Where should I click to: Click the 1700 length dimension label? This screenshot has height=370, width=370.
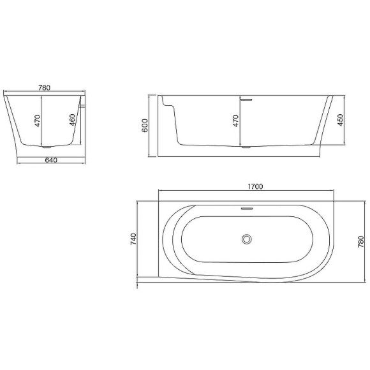[255, 186]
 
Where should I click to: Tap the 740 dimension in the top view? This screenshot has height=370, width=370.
[133, 239]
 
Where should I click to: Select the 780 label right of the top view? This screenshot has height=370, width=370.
[361, 242]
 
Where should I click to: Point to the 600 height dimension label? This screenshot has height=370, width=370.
[145, 126]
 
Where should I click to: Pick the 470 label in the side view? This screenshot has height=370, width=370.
[236, 121]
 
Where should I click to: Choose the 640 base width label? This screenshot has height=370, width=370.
[52, 160]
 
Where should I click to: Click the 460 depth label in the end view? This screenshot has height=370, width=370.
[73, 121]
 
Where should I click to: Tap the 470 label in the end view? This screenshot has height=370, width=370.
[38, 121]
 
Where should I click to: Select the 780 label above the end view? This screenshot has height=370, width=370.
[45, 88]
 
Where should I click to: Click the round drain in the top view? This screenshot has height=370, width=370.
[247, 239]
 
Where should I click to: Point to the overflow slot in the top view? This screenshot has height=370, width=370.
[247, 208]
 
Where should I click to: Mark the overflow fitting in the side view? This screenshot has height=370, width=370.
[247, 98]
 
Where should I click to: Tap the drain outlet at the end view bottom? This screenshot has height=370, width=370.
[41, 148]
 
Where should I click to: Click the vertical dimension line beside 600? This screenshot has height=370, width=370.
[151, 125]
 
